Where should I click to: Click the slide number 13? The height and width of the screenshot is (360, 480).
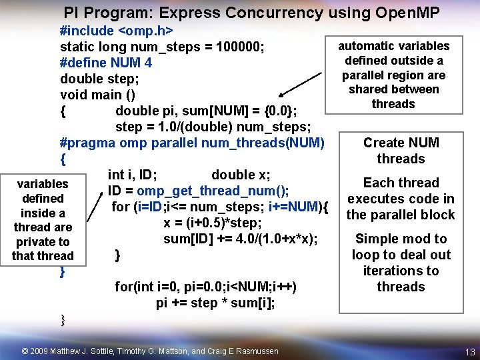pyautogui.click(x=470, y=352)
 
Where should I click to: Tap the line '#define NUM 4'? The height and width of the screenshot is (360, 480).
pyautogui.click(x=105, y=63)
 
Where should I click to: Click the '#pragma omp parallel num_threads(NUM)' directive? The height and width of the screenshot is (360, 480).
pyautogui.click(x=192, y=143)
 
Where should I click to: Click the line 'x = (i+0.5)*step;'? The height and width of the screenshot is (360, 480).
pyautogui.click(x=212, y=223)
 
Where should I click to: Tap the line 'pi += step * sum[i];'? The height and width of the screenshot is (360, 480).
pyautogui.click(x=215, y=303)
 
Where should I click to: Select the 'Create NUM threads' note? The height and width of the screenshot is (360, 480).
pyautogui.click(x=401, y=151)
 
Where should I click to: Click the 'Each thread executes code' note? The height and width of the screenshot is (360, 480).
pyautogui.click(x=401, y=199)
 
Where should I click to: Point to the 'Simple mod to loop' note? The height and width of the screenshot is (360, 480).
pyautogui.click(x=401, y=263)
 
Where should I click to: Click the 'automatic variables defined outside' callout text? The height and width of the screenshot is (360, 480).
pyautogui.click(x=394, y=75)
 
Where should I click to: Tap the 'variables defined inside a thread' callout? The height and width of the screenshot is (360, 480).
pyautogui.click(x=43, y=220)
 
